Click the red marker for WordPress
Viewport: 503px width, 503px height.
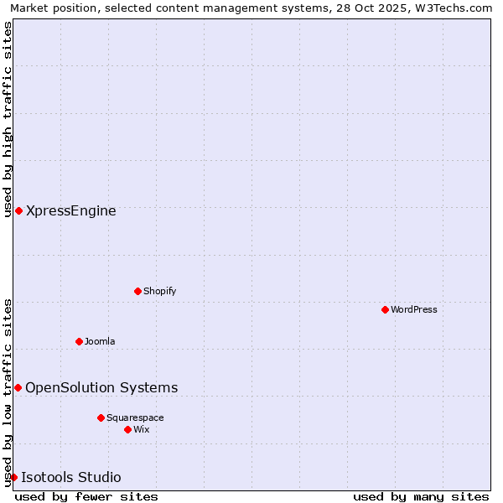pos(385,309)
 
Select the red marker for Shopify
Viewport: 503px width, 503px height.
pos(137,291)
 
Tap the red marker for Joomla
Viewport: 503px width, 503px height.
pos(79,341)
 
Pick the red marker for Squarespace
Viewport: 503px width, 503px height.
pos(101,417)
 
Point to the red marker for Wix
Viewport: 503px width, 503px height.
pos(127,429)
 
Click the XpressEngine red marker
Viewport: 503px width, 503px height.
pos(18,210)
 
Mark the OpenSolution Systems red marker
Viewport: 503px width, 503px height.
pos(18,387)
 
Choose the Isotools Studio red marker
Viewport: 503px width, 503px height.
pos(13,477)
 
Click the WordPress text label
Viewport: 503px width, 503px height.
pos(414,309)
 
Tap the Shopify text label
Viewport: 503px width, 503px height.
pos(159,291)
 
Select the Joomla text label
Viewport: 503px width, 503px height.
pos(100,341)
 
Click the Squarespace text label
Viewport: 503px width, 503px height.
pos(135,417)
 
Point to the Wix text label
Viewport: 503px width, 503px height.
pos(141,429)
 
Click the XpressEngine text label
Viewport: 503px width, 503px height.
pos(71,210)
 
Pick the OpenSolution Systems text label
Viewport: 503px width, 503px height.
pos(101,387)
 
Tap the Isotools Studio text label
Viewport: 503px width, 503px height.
pos(71,477)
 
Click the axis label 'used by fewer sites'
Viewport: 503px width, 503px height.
pos(86,496)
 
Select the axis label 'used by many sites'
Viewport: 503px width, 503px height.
pos(421,496)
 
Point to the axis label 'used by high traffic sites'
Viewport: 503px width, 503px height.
pos(8,119)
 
